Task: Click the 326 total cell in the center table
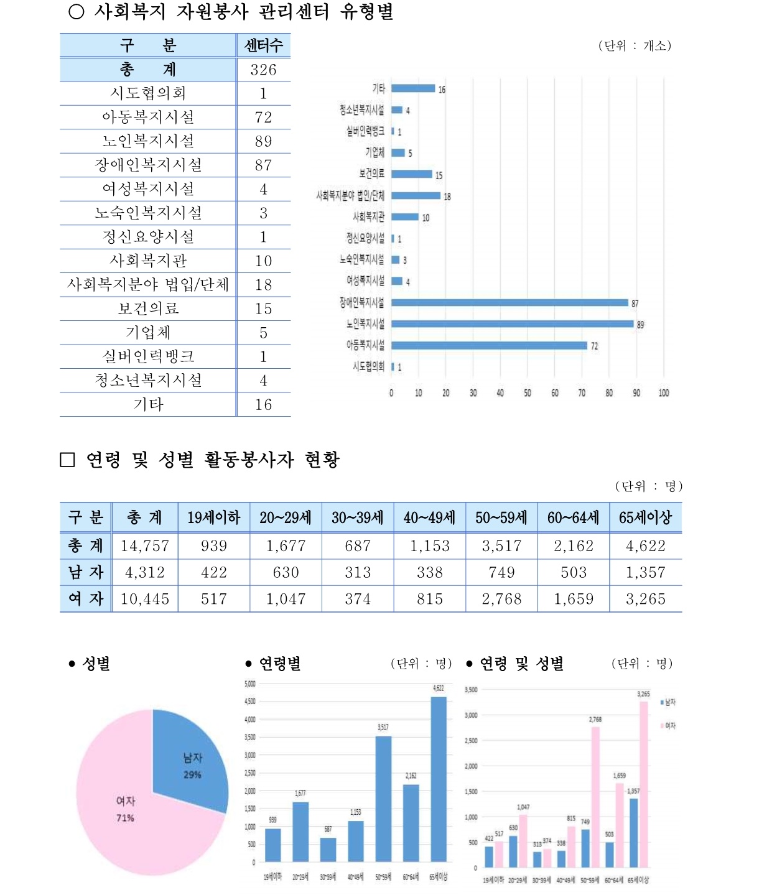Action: coord(263,70)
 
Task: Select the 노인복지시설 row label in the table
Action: coord(148,141)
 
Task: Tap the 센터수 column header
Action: coord(263,45)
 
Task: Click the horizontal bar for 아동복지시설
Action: coord(489,345)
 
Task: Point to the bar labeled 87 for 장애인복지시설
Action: coord(509,303)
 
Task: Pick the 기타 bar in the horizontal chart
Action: coord(413,88)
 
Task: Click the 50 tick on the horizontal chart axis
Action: coord(528,393)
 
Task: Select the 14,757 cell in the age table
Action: coord(144,546)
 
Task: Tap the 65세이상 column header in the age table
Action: coord(646,517)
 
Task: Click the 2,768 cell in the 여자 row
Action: coord(501,599)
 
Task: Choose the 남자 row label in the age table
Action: coord(86,572)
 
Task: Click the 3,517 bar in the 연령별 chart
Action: coord(383,799)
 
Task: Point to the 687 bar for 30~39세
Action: coord(328,850)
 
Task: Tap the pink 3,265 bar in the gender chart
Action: coord(644,784)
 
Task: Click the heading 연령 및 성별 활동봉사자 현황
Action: coord(212,460)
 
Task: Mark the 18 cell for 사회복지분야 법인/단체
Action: coord(263,285)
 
